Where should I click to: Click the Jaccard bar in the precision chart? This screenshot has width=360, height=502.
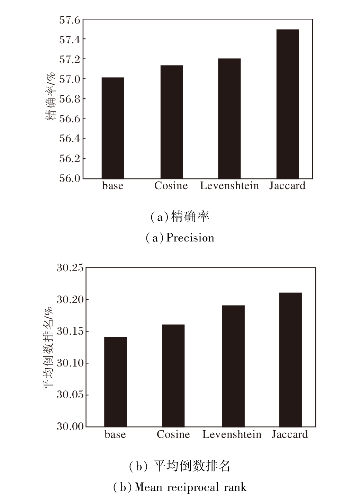pos(288,104)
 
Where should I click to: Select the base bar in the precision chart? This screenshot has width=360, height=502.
pos(113,128)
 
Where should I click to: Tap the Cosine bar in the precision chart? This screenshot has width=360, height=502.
pos(172,122)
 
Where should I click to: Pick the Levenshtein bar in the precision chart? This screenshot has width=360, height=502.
pos(229,118)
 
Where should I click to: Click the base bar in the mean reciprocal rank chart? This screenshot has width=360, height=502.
pos(115,381)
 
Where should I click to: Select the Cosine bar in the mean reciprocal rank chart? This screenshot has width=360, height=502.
pos(173,375)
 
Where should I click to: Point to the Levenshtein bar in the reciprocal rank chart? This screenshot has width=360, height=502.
pos(233,366)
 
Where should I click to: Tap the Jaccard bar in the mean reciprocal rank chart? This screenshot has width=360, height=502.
pos(290,359)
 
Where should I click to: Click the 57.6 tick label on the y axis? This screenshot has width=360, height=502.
pos(70,20)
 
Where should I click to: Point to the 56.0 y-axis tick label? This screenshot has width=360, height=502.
pos(70,178)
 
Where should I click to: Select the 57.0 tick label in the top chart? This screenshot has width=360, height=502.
pos(70,79)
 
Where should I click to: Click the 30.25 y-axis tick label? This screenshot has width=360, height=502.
pos(70,268)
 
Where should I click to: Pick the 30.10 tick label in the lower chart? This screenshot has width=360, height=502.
pos(70,363)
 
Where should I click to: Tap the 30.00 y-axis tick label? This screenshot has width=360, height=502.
pos(70,426)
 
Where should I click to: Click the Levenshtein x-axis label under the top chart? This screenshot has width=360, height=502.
pos(229,186)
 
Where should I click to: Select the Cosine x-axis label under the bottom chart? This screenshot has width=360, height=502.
pos(173,434)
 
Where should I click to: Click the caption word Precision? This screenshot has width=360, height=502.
pos(190,238)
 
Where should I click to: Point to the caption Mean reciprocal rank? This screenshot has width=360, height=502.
pos(190,487)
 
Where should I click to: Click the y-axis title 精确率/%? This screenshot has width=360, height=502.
pos(51,96)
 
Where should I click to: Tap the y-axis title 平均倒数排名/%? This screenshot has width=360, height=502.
pos(48,348)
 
